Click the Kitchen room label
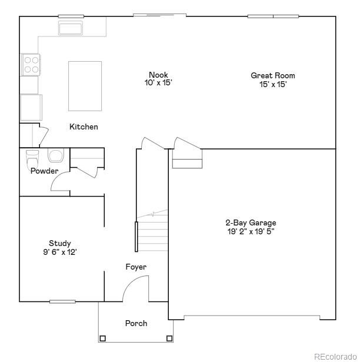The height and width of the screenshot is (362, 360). point(84,127)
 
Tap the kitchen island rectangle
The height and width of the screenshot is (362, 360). point(85,85)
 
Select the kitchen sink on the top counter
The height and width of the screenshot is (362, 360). point(71,28)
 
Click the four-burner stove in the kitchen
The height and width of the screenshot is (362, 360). point(31,64)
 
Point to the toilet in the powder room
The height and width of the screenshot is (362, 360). point(32,157)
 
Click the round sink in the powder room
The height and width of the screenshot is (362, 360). point(56,156)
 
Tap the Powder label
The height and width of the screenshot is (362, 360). point(45,171)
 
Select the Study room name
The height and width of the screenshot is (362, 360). point(60,243)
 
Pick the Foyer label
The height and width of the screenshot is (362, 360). point(136,267)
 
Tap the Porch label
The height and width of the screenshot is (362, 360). point(136,323)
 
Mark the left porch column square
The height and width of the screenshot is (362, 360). point(103,338)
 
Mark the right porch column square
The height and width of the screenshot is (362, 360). point(169,338)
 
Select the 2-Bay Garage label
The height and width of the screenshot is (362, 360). point(251,222)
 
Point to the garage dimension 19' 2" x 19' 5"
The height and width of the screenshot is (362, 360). point(251,231)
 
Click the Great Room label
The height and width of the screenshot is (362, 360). point(273,75)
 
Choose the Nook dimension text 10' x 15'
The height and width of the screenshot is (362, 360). point(158,83)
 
